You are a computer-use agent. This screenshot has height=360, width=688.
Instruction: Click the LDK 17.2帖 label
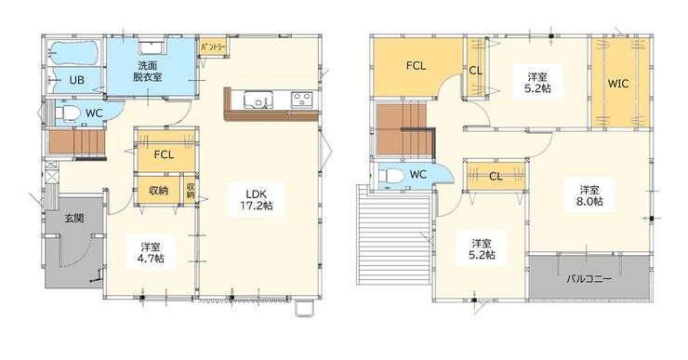(257, 199)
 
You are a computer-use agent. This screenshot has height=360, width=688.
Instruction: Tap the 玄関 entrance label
(74, 219)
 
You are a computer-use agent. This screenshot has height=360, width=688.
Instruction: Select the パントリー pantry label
(213, 47)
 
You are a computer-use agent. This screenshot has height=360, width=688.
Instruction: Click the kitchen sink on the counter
(258, 100)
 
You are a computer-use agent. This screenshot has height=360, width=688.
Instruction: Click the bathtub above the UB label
(73, 53)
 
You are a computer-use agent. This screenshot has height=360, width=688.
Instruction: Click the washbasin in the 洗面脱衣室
(152, 47)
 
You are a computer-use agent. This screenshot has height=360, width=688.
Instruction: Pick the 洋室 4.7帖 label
(151, 252)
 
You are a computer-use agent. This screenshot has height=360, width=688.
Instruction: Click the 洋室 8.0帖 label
(589, 195)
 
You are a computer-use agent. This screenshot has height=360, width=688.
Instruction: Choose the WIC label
(617, 84)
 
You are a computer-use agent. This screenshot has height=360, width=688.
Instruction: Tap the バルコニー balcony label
(589, 279)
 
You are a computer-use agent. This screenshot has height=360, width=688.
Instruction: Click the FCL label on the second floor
(416, 66)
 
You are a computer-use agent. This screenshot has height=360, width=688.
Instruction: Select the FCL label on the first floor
(164, 154)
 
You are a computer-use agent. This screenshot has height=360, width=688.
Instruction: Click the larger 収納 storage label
(158, 191)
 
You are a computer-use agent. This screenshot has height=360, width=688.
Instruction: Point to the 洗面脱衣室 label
(147, 72)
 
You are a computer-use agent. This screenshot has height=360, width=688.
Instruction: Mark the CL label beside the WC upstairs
(496, 177)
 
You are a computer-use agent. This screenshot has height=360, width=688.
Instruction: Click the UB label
(77, 80)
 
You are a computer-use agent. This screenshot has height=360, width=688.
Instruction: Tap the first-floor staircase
(77, 141)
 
